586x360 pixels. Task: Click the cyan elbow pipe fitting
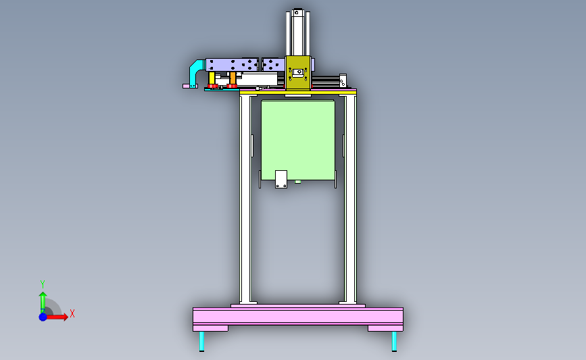coord(195,71)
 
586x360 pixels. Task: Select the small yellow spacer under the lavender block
coord(212,78)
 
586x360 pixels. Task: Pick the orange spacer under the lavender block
coord(233,78)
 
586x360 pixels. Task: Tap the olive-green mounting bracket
coord(298,73)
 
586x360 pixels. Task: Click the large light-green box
coord(298,140)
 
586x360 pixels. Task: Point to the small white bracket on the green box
coord(281,179)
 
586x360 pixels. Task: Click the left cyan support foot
coord(202,341)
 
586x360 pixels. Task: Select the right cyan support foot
coord(394,341)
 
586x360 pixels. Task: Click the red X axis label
coord(72,313)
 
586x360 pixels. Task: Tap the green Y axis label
coord(43,284)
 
